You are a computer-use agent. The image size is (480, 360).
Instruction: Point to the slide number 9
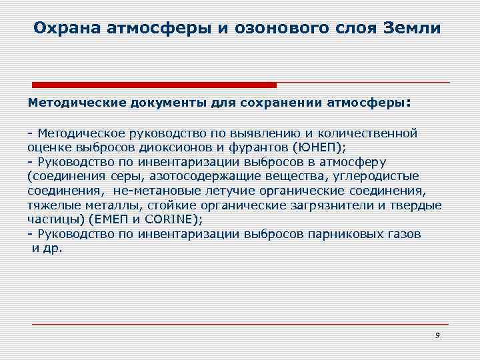click(437, 335)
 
